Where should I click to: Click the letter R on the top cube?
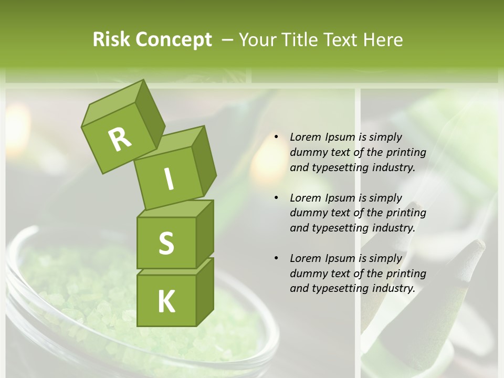click(120, 139)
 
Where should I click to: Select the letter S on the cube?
click(166, 243)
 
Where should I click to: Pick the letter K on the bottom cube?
click(166, 301)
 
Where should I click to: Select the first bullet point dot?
click(277, 138)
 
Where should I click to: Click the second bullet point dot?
click(277, 198)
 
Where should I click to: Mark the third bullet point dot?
click(277, 258)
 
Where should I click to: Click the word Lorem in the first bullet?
click(304, 137)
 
